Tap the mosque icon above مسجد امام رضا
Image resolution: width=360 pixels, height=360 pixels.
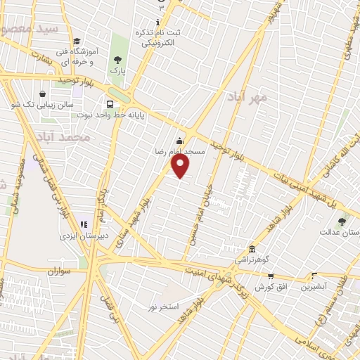[180, 141]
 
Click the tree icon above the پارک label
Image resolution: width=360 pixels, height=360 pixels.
[117, 60]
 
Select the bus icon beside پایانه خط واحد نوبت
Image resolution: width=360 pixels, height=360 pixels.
[109, 101]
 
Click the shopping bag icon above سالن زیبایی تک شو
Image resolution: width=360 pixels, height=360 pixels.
[44, 94]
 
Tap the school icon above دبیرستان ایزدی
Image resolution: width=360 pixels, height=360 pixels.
[83, 224]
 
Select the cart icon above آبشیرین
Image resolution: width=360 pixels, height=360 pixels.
[314, 276]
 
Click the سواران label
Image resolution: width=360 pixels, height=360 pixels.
[61, 270]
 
